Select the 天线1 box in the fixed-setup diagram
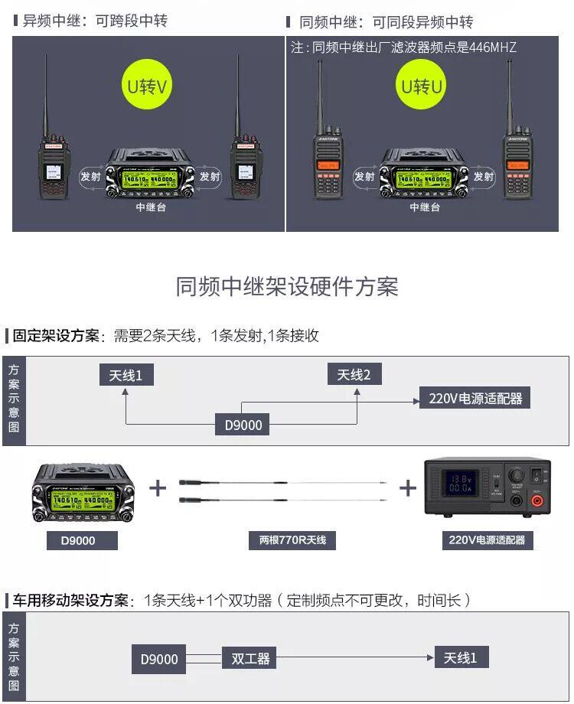(x=126, y=375)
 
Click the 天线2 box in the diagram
(x=354, y=375)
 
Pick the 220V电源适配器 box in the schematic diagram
(x=475, y=398)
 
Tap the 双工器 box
(x=250, y=658)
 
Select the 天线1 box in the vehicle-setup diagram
(x=461, y=657)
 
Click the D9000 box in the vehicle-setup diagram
(x=159, y=659)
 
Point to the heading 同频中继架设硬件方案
(x=287, y=287)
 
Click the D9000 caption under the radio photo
(x=78, y=540)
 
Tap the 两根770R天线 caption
(x=288, y=540)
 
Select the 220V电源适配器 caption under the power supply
(x=488, y=540)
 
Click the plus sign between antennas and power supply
(x=407, y=487)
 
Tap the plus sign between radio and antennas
(x=157, y=487)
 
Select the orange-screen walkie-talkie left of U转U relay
(x=328, y=161)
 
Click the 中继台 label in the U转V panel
(x=151, y=207)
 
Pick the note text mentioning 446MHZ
(x=403, y=47)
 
